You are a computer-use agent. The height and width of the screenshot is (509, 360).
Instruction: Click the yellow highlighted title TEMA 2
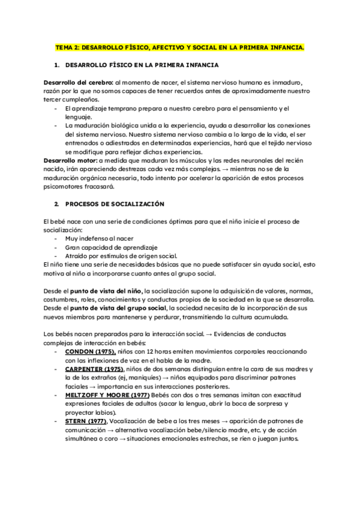point(179,47)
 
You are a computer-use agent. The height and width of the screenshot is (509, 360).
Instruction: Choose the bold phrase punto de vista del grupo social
point(115,308)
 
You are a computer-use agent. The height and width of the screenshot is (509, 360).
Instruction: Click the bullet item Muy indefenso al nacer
point(91,238)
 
